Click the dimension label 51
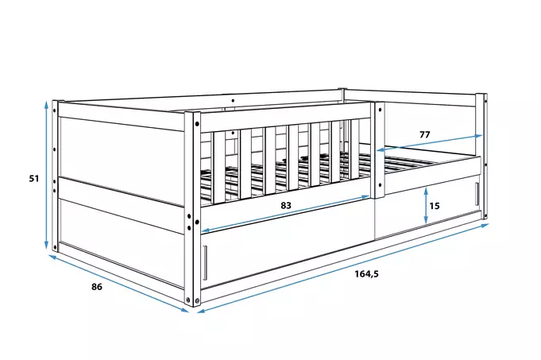pyautogui.click(x=34, y=179)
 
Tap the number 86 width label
pyautogui.click(x=97, y=286)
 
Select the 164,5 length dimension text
pyautogui.click(x=367, y=274)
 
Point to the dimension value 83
pyautogui.click(x=286, y=205)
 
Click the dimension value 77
pyautogui.click(x=425, y=134)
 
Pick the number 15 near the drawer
pyautogui.click(x=435, y=206)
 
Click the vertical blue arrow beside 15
pyautogui.click(x=426, y=205)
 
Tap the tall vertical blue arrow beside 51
pyautogui.click(x=46, y=175)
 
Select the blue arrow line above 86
pyautogui.click(x=119, y=284)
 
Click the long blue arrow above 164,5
pyautogui.click(x=343, y=268)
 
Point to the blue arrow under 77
pyautogui.click(x=429, y=143)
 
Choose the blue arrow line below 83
pyautogui.click(x=285, y=214)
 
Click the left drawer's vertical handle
pyautogui.click(x=205, y=263)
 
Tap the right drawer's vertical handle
pyautogui.click(x=477, y=194)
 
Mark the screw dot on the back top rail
pyautogui.click(x=234, y=100)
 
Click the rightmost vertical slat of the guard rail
pyautogui.click(x=355, y=149)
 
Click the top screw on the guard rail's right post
pyautogui.click(x=380, y=110)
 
